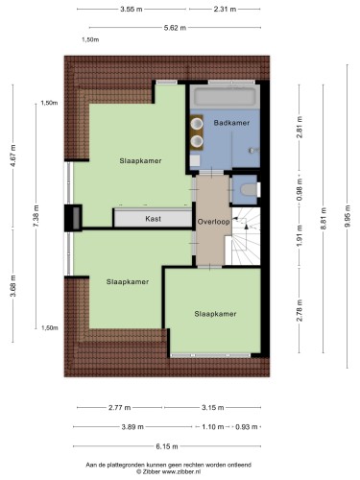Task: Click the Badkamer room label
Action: point(231,123)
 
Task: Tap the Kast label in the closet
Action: point(153,219)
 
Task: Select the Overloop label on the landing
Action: point(213,222)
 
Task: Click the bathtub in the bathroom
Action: point(226,96)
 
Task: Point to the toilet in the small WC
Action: point(249,189)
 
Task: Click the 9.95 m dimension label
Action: point(348,216)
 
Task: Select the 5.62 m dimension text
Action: point(175,28)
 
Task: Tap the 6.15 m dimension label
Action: point(167,446)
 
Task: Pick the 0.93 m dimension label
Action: point(247,427)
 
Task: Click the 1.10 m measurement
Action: point(213,427)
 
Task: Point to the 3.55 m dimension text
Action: point(132,10)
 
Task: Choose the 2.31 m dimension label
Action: point(225,10)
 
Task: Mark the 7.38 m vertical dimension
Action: point(36,216)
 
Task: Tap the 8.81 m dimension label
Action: point(324,219)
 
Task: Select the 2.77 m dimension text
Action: point(120,408)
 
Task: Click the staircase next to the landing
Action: point(243,236)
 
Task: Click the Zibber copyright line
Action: point(169,471)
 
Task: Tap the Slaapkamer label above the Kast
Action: point(140,161)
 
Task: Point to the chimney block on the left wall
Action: point(73,218)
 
